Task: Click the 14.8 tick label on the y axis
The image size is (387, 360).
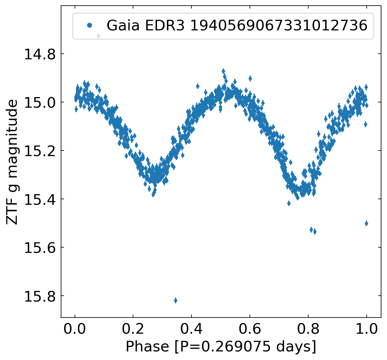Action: (x=40, y=54)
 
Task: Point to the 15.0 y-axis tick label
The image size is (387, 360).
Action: (x=40, y=103)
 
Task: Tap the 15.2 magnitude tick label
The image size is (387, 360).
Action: (x=40, y=151)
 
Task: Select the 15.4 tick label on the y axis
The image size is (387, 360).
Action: (x=40, y=199)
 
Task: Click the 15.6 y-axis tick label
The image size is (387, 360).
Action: (x=40, y=248)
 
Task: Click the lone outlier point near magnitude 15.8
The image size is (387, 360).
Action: (x=176, y=300)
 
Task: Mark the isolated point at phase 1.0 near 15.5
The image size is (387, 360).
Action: (x=366, y=223)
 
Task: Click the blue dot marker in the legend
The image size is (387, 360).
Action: (x=89, y=25)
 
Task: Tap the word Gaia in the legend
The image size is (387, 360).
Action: (x=123, y=25)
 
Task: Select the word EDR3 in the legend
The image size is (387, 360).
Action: (x=165, y=25)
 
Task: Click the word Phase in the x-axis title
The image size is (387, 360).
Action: (x=147, y=347)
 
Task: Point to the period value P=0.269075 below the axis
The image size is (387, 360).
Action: (x=225, y=347)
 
